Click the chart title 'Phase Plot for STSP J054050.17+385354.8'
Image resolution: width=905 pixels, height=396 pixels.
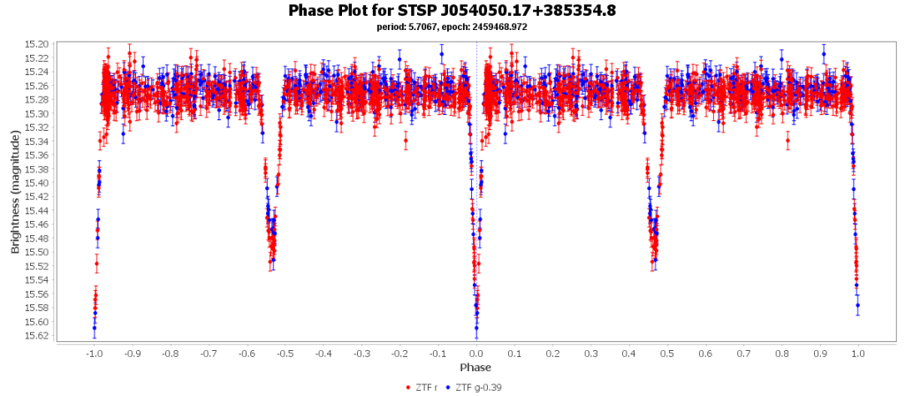click(452, 11)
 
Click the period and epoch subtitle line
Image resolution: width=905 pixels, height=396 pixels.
click(452, 27)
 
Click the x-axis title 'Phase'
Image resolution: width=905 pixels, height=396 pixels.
click(475, 367)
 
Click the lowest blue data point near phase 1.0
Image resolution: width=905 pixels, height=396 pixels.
click(857, 305)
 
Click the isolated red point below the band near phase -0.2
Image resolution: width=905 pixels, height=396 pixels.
click(406, 141)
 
